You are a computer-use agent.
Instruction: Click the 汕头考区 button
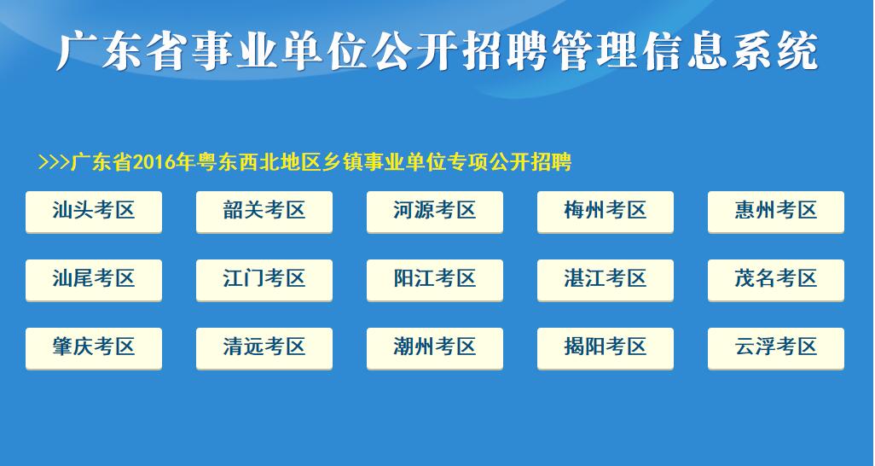pos(94,212)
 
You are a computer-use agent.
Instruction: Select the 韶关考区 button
pos(264,212)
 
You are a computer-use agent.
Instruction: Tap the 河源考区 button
pos(435,212)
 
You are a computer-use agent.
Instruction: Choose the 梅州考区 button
pos(606,212)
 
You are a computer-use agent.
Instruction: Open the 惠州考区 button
pos(776,212)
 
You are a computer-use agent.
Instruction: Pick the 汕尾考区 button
pos(94,280)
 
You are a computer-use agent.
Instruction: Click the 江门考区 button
pos(264,280)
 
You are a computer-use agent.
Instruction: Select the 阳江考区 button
pos(435,280)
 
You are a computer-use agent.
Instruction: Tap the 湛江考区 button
pos(606,280)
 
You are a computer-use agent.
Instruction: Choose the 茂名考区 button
pos(776,280)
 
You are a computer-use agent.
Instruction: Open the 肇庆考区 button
pos(94,348)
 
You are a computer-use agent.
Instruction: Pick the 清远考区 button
pos(264,348)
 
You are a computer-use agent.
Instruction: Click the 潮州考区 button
pos(435,348)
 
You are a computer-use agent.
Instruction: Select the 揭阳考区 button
pos(606,348)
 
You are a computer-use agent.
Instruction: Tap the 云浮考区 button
pos(776,348)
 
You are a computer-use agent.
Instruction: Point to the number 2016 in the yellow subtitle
pos(154,163)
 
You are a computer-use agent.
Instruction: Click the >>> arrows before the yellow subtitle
pos(54,163)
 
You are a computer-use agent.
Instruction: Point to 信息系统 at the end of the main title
pos(731,51)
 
